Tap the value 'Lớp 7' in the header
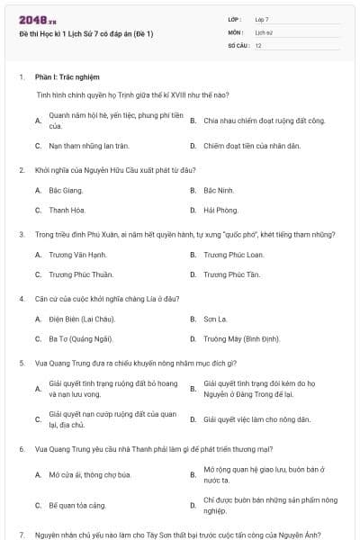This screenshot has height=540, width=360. (262, 19)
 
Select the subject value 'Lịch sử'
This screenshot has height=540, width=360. (262, 31)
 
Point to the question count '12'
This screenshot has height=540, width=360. (258, 45)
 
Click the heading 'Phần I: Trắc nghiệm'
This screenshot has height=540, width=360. (67, 77)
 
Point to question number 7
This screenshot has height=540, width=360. (21, 534)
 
